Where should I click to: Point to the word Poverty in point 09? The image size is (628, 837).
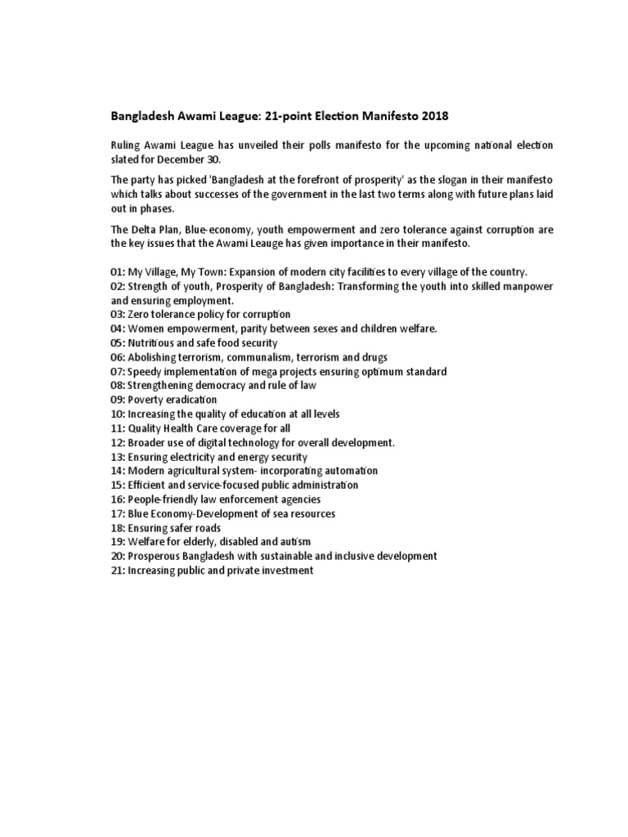tap(149, 401)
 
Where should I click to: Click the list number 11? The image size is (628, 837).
tap(118, 428)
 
